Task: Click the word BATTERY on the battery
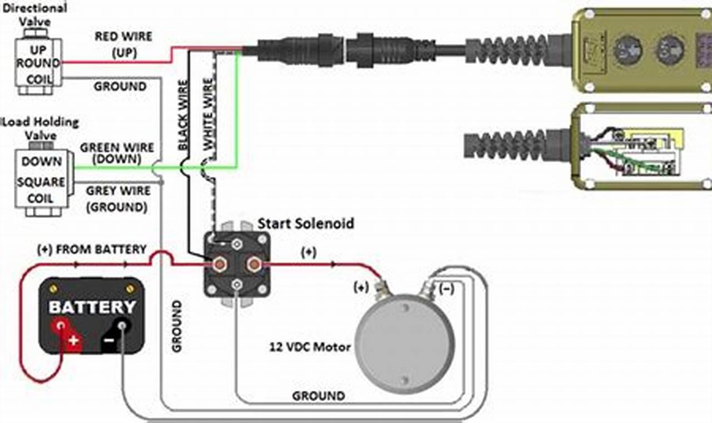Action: (92, 307)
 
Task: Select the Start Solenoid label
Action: (305, 223)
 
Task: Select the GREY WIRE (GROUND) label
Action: (117, 199)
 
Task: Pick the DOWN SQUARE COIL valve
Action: (42, 181)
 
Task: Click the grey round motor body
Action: (404, 340)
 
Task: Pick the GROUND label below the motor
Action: (318, 396)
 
